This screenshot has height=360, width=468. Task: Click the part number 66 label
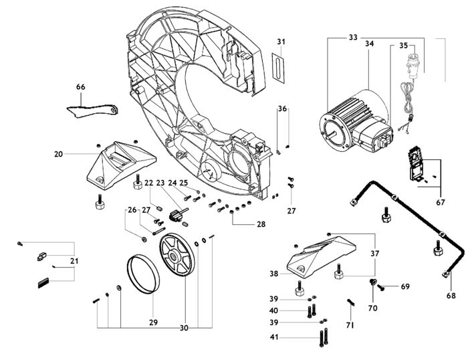[81, 87]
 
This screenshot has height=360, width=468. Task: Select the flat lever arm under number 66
[92, 110]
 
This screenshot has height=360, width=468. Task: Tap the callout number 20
[59, 154]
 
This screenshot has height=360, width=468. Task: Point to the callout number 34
[369, 43]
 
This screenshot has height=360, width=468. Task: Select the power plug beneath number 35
[412, 66]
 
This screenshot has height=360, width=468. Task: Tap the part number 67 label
[441, 202]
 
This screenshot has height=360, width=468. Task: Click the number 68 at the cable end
[451, 296]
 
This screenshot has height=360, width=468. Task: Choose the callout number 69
[405, 286]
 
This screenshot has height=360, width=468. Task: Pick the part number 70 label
[373, 308]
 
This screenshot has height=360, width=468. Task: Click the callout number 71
[350, 325]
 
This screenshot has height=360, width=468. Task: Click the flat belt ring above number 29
[144, 274]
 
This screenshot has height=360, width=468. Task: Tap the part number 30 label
[184, 328]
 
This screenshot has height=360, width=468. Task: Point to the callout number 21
[74, 261]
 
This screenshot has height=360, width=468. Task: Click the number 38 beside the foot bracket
[273, 274]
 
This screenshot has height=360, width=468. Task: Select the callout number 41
[273, 337]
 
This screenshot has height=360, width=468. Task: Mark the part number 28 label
[261, 224]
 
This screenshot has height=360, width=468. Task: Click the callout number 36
[282, 108]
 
